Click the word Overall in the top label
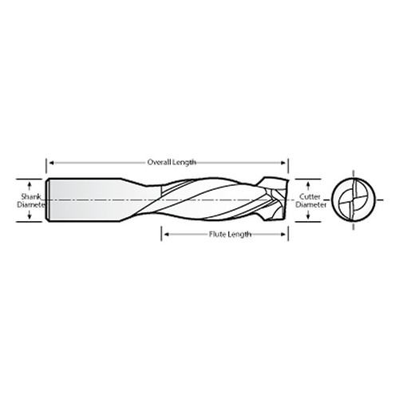click(x=158, y=162)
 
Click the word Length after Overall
click(x=183, y=162)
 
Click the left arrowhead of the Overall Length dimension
click(x=51, y=162)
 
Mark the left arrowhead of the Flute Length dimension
click(x=165, y=235)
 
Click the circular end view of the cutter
click(x=352, y=199)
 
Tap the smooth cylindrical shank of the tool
click(x=88, y=199)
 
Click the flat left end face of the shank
click(x=47, y=199)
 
